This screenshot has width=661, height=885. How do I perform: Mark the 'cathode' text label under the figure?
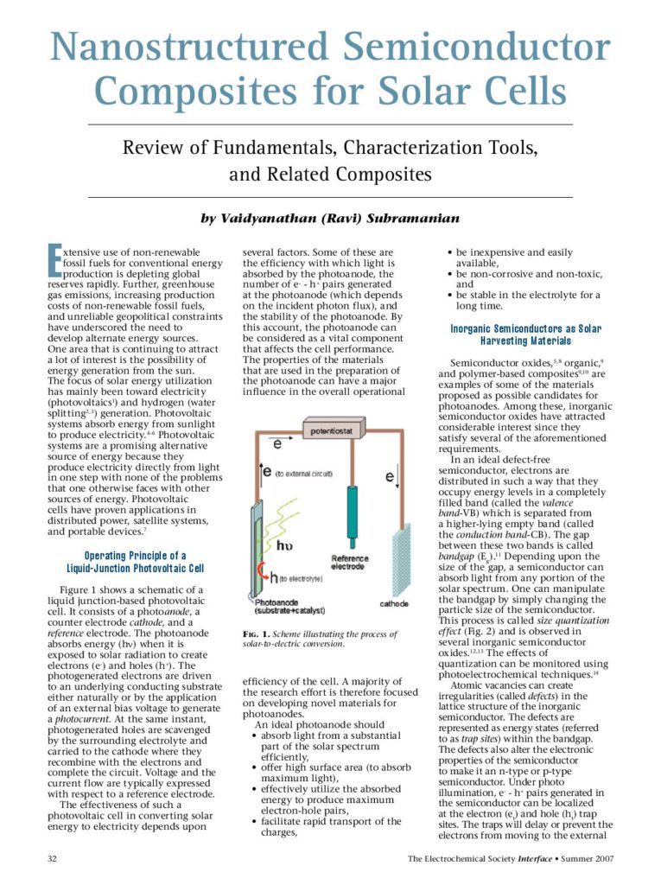(393, 603)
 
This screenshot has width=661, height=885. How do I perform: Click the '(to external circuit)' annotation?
(303, 474)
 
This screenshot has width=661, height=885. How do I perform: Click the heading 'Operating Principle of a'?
(134, 556)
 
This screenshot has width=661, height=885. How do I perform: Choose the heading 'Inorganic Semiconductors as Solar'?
(525, 329)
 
